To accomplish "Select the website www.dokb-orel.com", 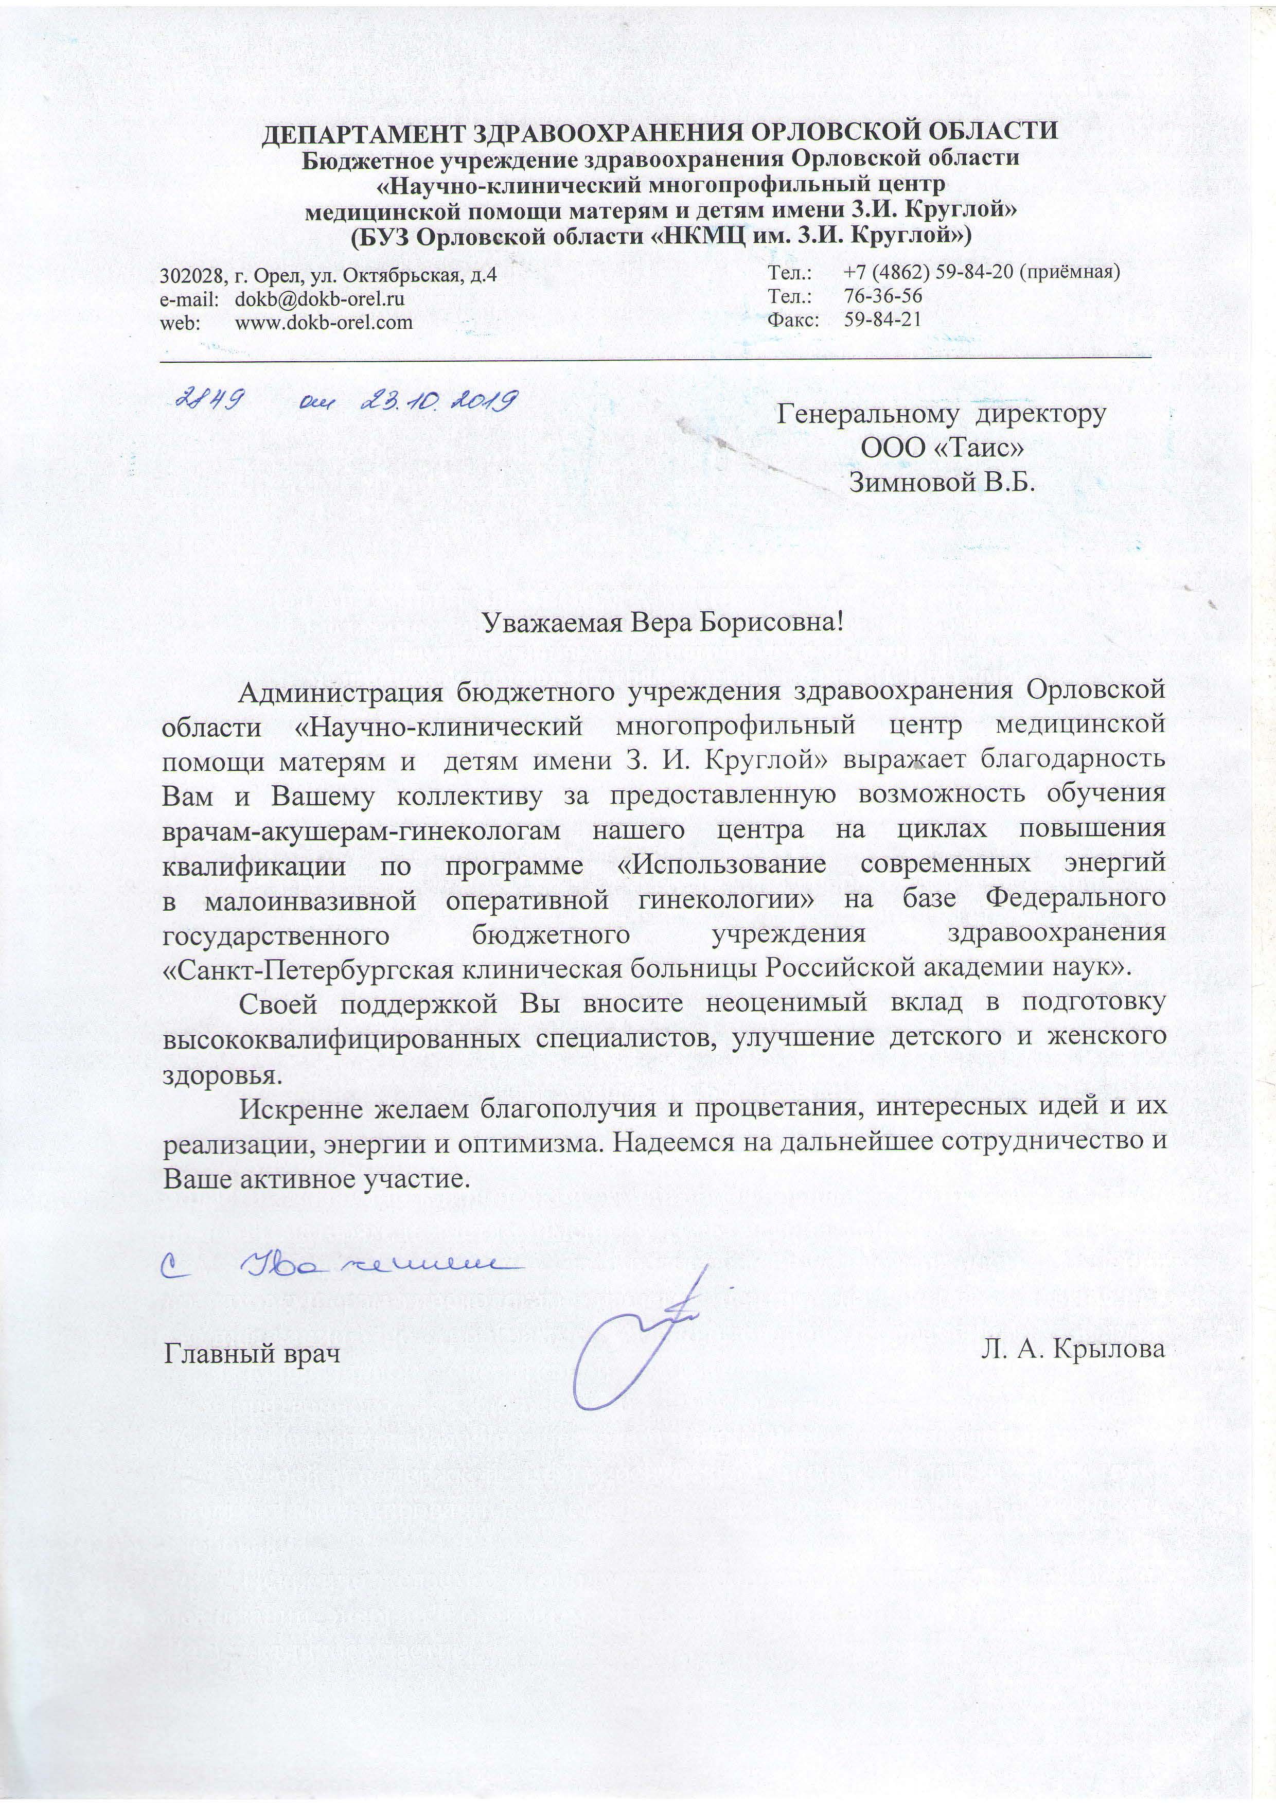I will pyautogui.click(x=324, y=322).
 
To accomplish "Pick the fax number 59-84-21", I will pyautogui.click(x=882, y=318).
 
